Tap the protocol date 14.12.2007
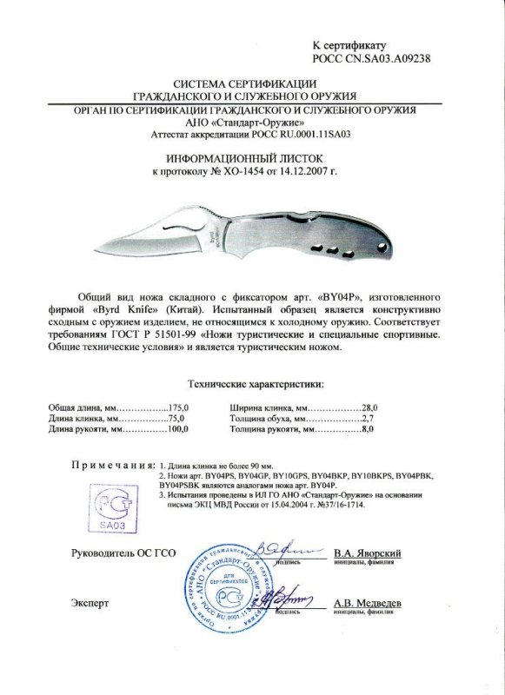coord(302,173)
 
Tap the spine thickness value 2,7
coord(372,418)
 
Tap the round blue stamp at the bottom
coord(229,591)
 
